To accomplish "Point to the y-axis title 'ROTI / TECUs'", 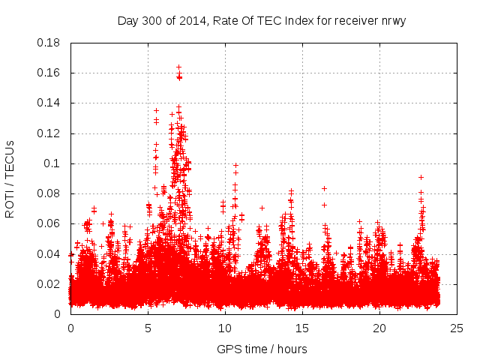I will coord(10,178).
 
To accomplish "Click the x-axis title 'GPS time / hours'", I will coord(262,349).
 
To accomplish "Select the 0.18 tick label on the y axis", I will coord(49,43).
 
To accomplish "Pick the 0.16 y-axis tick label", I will coord(49,73).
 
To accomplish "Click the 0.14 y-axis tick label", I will coord(49,103).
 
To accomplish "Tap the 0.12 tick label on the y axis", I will coord(49,133).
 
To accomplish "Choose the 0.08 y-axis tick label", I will coord(49,193).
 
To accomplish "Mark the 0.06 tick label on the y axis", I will coord(49,223).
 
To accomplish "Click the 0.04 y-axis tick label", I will coord(49,253).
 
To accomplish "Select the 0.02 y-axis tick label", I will coord(49,284).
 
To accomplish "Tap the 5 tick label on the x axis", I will coord(148,328).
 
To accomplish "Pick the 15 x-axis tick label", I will coord(302,328).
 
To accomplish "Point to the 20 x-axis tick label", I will coord(379,328).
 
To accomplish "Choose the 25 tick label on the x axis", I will coord(457,328).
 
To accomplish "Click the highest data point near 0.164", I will coord(178,67).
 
